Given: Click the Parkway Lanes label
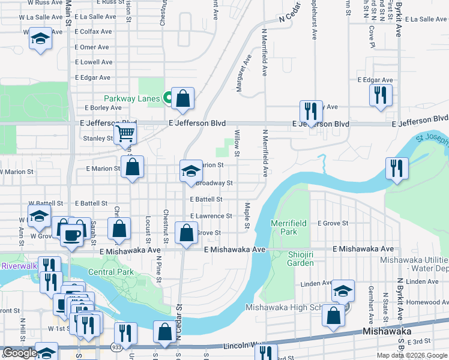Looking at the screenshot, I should click(x=131, y=98).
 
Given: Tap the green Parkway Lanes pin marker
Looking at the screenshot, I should click(x=169, y=96).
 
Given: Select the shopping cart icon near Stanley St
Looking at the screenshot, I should click(x=125, y=133).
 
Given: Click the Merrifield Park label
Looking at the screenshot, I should click(x=289, y=227).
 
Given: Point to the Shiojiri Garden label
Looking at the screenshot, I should click(x=292, y=259).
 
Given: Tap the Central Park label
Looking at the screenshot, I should click(x=111, y=272).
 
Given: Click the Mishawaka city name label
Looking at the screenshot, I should click(x=387, y=331).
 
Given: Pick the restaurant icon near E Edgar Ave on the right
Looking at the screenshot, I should click(x=381, y=95).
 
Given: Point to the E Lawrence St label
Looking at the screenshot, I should click(x=211, y=216).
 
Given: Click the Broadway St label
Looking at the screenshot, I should click(x=214, y=183).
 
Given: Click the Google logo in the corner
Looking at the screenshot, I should click(x=20, y=353).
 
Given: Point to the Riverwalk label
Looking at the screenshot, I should click(x=19, y=265).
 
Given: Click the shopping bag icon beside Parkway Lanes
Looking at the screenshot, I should click(x=182, y=99).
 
